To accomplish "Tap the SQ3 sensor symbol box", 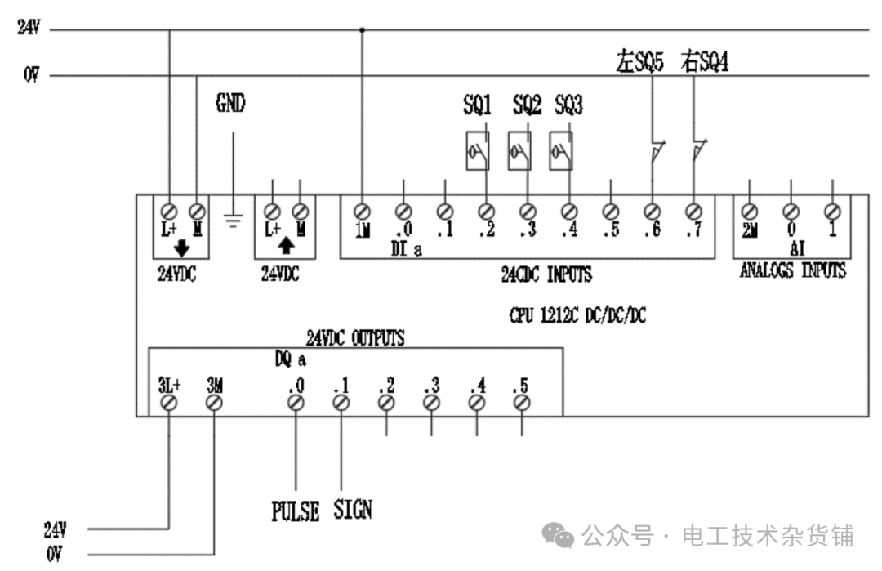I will click(561, 150).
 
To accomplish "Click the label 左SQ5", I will click(639, 62).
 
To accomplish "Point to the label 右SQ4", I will click(704, 62).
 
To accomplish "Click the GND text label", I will click(230, 103).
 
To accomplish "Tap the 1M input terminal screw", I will click(363, 212).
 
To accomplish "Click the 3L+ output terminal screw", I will click(169, 403).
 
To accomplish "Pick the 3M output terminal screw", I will click(214, 403).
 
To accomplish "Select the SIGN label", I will click(353, 511).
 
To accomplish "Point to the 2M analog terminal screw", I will click(750, 212).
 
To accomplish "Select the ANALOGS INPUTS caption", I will click(792, 271).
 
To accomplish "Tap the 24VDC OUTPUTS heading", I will click(355, 337).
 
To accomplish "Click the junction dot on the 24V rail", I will click(363, 30).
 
